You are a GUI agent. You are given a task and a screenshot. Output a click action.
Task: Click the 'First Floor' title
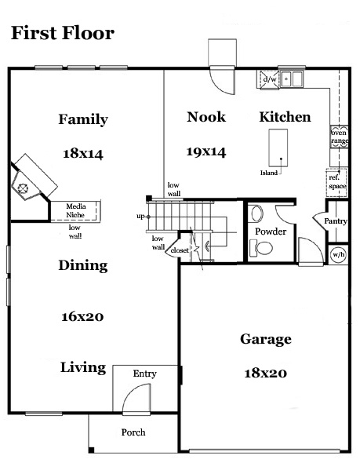pos(63,33)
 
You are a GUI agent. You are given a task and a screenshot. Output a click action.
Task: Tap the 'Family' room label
pos(83,119)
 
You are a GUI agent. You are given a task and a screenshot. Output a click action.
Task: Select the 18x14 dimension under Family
pos(83,154)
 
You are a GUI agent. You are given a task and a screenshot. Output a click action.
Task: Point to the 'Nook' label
pos(206,117)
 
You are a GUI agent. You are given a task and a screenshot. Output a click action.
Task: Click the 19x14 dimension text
pos(206,151)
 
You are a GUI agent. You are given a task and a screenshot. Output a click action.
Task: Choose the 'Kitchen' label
pos(285,117)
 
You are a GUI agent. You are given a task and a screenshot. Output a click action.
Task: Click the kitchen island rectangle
pos(278,148)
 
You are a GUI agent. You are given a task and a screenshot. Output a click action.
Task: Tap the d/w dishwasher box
pos(269,79)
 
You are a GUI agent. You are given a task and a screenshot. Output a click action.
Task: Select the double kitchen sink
pos(292,78)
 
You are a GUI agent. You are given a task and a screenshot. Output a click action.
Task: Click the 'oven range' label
pos(340,137)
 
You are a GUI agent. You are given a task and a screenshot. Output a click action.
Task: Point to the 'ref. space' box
pos(337,182)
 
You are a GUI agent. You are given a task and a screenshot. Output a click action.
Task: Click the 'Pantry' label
pos(336,221)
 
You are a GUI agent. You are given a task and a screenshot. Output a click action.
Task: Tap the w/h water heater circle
pos(339,254)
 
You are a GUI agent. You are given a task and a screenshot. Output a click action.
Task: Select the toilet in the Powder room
pos(261,248)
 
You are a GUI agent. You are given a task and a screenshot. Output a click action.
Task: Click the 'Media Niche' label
pos(75,210)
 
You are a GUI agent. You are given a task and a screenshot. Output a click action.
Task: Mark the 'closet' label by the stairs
pos(180,250)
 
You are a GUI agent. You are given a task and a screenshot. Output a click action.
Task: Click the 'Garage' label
pos(266,340)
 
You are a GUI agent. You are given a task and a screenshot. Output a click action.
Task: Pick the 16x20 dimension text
pos(82,317)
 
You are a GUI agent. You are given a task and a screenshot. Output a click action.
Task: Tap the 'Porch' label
pos(133,432)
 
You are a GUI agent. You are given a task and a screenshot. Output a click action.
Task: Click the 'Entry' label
pos(144,374)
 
